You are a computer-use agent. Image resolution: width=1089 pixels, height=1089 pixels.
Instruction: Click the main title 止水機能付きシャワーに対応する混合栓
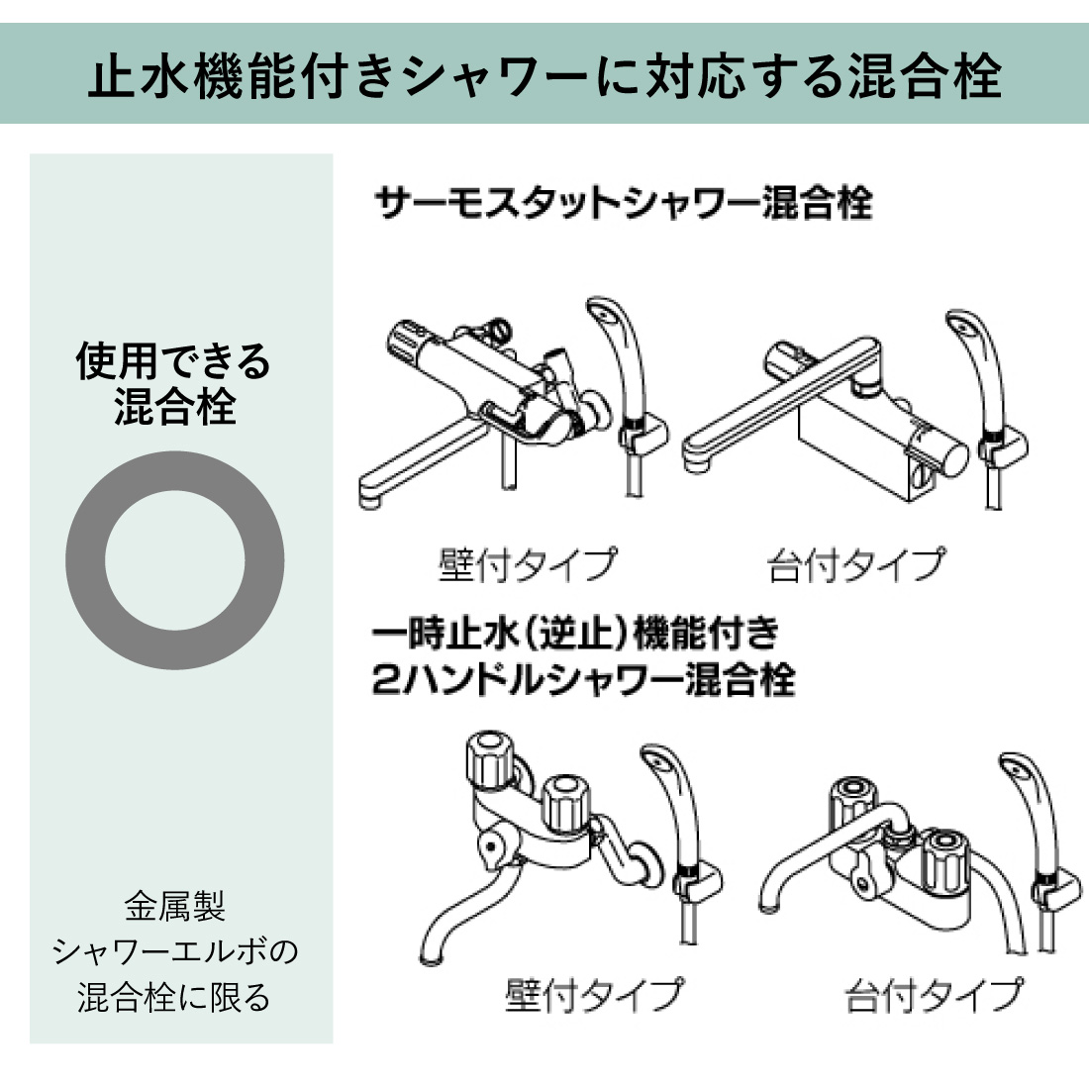click(x=544, y=74)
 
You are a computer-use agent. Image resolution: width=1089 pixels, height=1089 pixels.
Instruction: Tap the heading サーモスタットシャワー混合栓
click(x=623, y=204)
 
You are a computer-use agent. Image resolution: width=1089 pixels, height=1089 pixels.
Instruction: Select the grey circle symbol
click(x=175, y=559)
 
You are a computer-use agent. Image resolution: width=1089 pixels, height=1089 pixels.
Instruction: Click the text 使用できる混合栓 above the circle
click(x=173, y=383)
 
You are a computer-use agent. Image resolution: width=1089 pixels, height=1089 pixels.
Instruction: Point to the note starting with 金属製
click(x=174, y=950)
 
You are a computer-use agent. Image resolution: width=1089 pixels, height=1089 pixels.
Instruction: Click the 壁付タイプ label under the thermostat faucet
click(x=528, y=564)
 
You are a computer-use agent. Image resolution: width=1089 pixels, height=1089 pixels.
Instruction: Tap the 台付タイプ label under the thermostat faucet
click(x=856, y=564)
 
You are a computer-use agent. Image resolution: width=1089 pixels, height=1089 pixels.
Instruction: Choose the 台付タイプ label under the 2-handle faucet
click(x=935, y=994)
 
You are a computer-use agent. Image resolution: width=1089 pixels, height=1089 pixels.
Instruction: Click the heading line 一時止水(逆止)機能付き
click(x=576, y=632)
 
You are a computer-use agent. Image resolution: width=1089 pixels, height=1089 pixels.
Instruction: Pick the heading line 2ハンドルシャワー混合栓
click(x=583, y=680)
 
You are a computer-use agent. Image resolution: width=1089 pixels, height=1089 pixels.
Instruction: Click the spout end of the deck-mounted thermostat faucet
click(x=694, y=460)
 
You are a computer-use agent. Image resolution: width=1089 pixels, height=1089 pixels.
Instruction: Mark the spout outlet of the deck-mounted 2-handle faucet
click(x=768, y=904)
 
